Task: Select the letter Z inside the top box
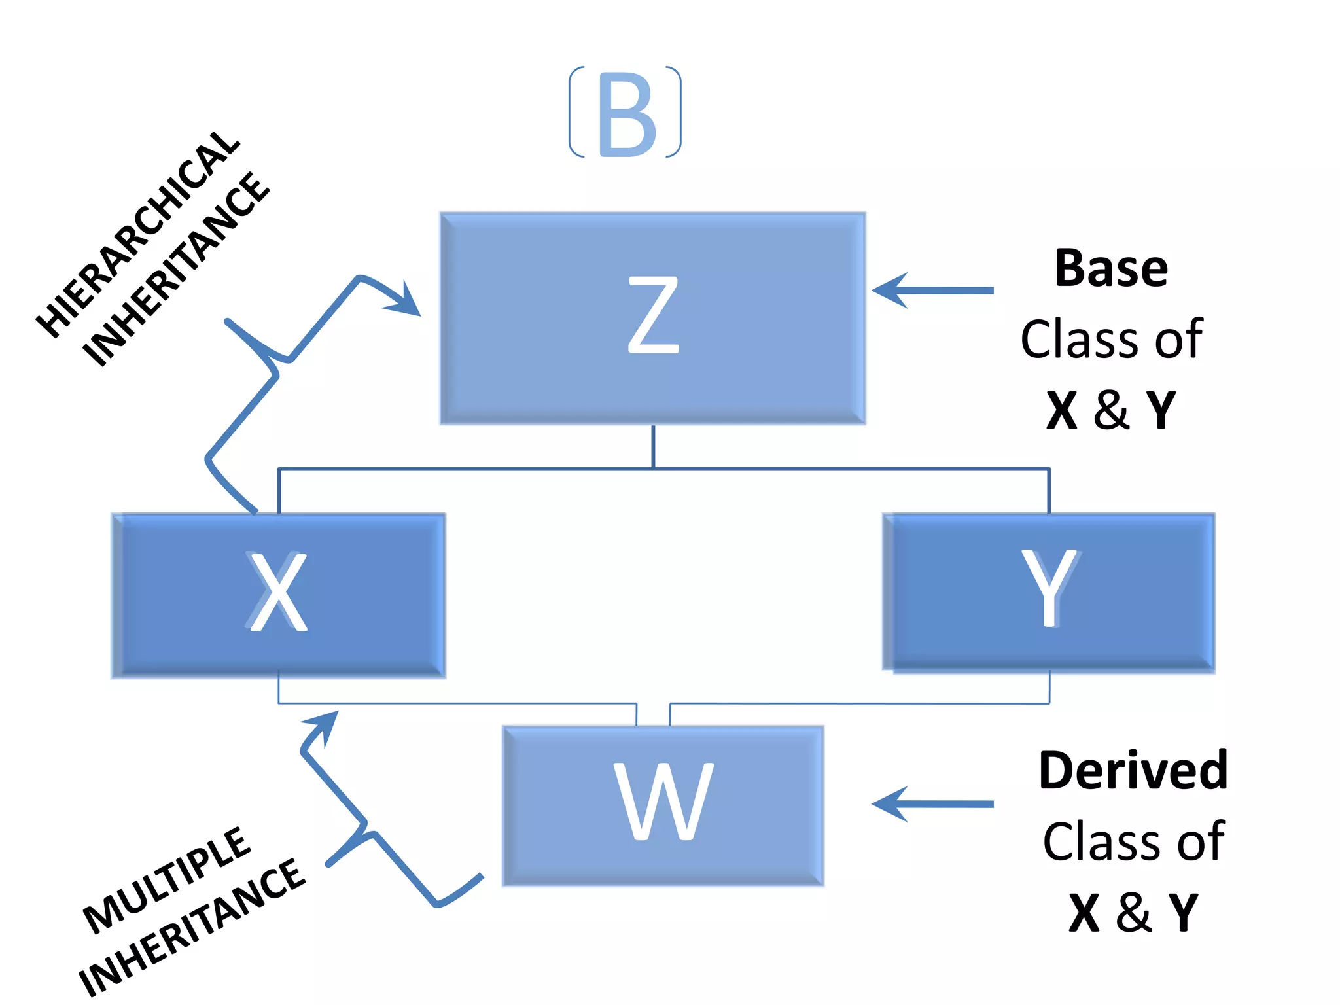(x=653, y=315)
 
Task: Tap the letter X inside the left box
(x=279, y=591)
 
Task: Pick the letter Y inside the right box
(x=1049, y=587)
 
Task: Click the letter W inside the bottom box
(x=663, y=802)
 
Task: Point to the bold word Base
(x=1111, y=269)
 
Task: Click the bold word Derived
(x=1133, y=771)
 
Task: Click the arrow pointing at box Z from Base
(x=932, y=290)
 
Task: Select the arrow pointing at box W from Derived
(x=932, y=803)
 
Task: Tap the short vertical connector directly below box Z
(x=653, y=446)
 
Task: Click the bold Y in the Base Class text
(x=1161, y=410)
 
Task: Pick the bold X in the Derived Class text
(x=1084, y=913)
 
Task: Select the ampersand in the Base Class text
(x=1111, y=410)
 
